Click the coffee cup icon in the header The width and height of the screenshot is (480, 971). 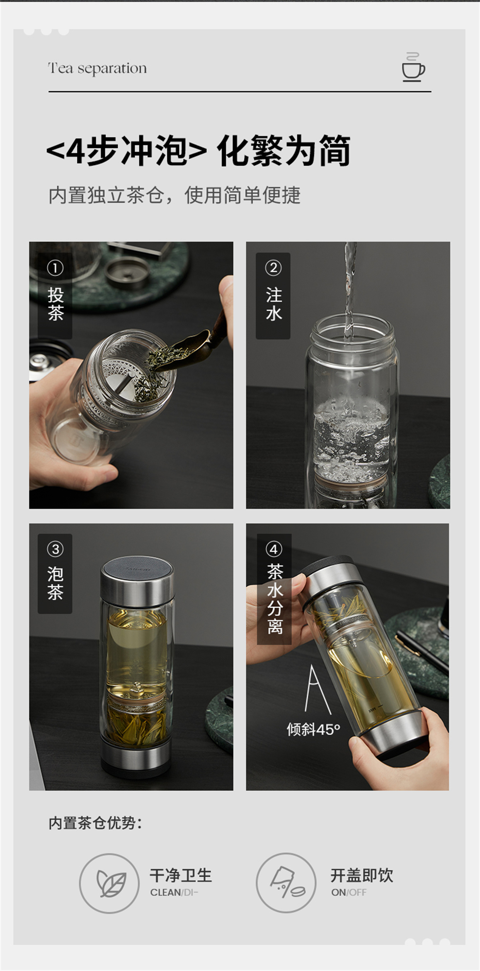pyautogui.click(x=413, y=67)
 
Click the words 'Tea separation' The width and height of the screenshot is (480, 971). pyautogui.click(x=97, y=68)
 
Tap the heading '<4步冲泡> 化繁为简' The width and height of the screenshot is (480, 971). pyautogui.click(x=198, y=150)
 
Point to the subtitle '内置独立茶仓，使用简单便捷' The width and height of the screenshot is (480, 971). pyautogui.click(x=174, y=195)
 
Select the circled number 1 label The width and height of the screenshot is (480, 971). pyautogui.click(x=55, y=268)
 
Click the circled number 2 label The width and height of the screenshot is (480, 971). pyautogui.click(x=273, y=268)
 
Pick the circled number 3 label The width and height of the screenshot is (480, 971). pyautogui.click(x=55, y=549)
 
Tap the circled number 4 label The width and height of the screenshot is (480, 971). pyautogui.click(x=274, y=549)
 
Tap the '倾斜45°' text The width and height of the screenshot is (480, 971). pyautogui.click(x=313, y=729)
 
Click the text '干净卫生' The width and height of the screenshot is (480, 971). pyautogui.click(x=181, y=875)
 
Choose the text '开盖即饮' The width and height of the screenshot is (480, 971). pyautogui.click(x=362, y=875)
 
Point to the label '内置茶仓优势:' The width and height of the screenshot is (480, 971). pyautogui.click(x=95, y=823)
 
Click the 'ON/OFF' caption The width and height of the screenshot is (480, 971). pyautogui.click(x=349, y=892)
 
